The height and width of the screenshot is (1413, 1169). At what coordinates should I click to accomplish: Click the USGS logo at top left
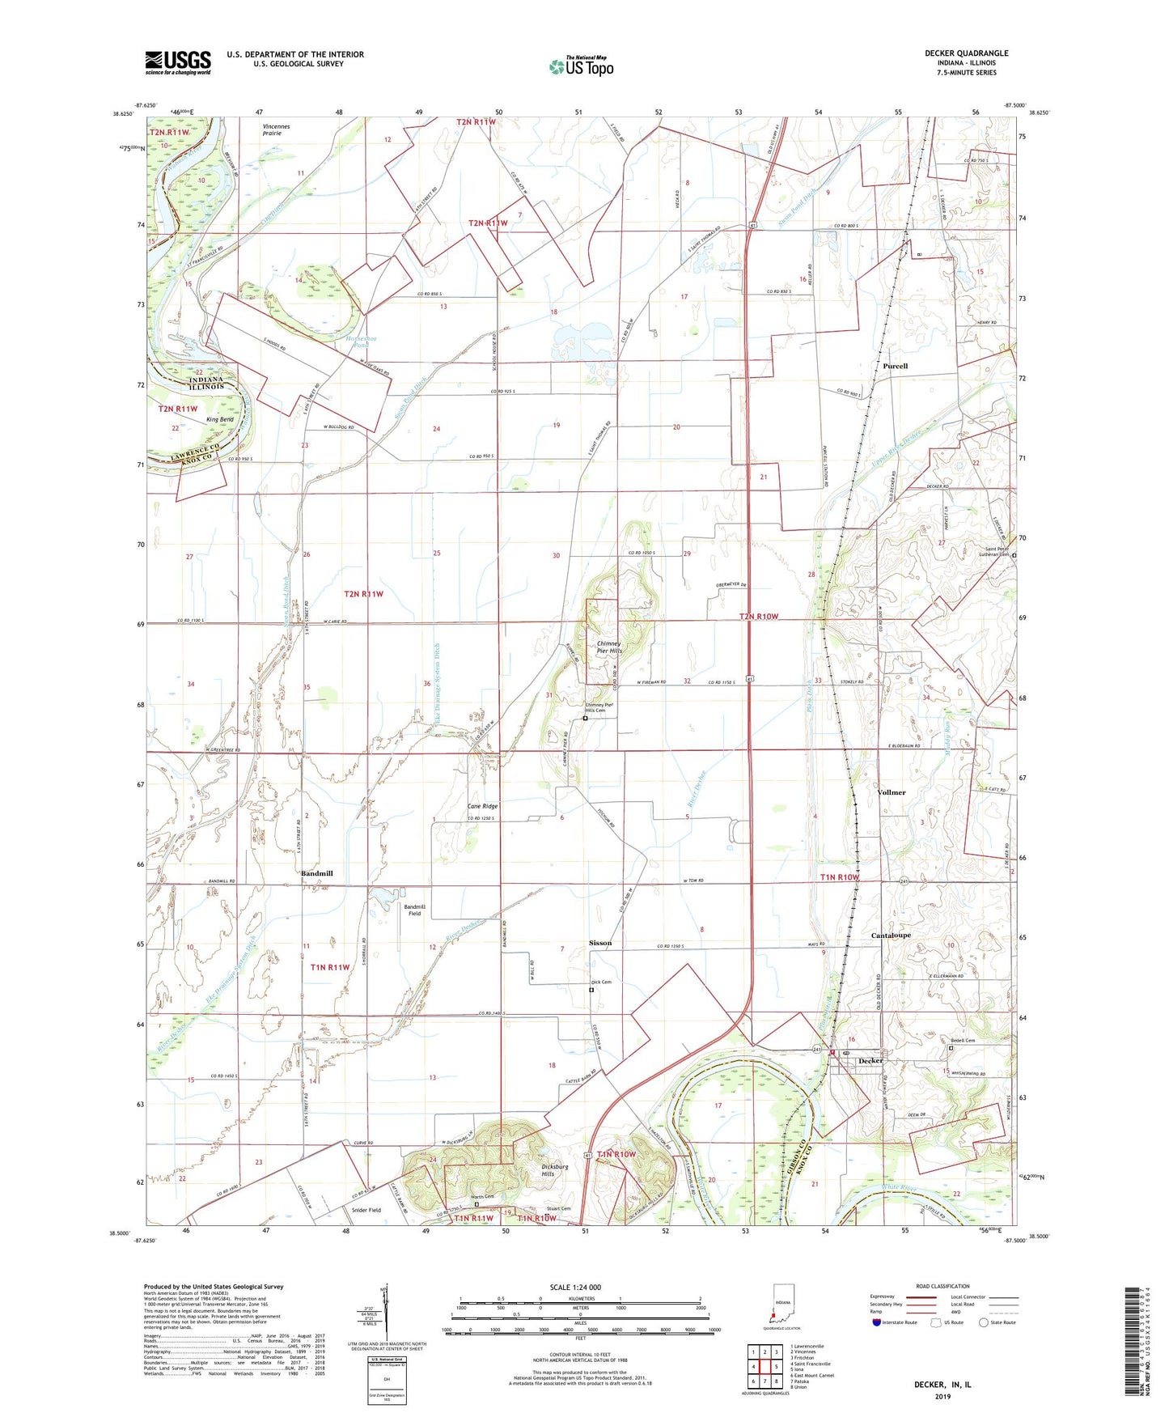coord(178,62)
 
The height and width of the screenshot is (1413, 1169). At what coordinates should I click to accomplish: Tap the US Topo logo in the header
coord(581,66)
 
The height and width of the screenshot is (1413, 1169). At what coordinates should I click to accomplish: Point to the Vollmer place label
coord(892,792)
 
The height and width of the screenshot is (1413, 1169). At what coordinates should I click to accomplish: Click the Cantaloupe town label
coord(891,935)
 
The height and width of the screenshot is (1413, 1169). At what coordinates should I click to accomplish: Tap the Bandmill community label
coord(316,873)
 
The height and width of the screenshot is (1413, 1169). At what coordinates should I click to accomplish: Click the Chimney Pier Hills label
coord(609,647)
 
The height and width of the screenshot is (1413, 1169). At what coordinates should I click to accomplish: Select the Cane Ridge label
coord(483,806)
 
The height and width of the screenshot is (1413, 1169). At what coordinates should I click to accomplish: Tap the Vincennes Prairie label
coord(276,129)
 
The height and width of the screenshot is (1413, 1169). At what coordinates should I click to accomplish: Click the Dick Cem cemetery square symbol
coord(591,990)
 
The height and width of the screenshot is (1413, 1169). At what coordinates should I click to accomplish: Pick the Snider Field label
coord(366,1210)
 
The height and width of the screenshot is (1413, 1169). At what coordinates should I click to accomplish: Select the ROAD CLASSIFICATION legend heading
coord(942,1286)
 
